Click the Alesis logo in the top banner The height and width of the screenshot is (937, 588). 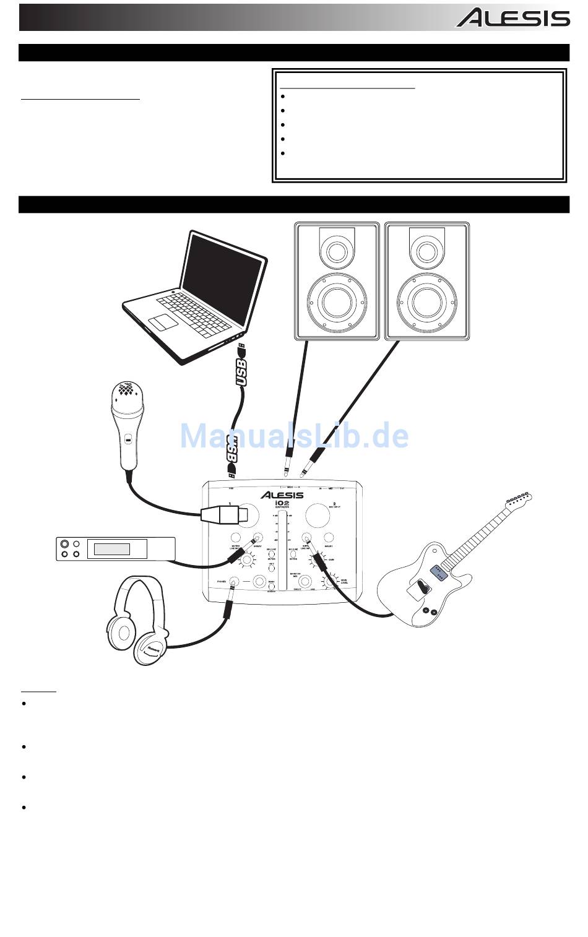point(513,18)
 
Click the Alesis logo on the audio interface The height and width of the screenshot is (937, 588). point(282,494)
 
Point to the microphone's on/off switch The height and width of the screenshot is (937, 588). point(127,440)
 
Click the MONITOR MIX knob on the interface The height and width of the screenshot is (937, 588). point(304,582)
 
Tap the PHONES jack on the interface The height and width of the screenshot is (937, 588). point(233,581)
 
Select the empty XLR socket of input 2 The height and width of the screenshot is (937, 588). point(316,515)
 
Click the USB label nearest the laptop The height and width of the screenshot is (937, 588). point(242,371)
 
